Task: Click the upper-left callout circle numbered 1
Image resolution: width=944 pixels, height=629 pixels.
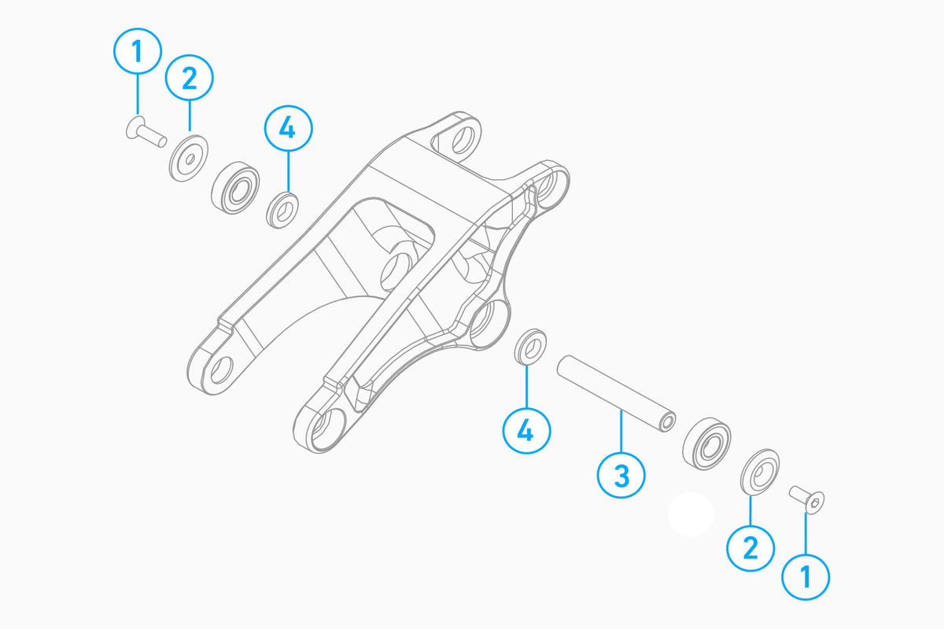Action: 138,51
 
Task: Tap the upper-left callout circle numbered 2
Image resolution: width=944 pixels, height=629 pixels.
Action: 190,78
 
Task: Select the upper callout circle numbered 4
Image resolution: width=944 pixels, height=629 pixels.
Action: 288,128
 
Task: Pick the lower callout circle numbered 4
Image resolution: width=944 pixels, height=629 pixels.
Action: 526,431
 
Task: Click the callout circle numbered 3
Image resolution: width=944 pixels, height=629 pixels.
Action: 621,475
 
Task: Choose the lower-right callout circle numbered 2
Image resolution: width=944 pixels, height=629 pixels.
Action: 750,548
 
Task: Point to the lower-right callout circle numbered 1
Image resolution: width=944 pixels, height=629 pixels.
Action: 806,576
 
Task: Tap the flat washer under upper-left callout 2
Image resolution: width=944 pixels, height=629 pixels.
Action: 188,158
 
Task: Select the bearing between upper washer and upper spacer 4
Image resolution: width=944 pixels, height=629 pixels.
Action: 235,187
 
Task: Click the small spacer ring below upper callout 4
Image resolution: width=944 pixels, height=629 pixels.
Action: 282,210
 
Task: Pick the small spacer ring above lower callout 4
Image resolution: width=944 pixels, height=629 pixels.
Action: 530,347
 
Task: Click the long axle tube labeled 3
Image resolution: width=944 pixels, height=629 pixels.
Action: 616,393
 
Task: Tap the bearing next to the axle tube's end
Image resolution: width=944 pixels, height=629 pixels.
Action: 706,443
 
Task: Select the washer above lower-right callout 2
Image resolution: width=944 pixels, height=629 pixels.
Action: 760,472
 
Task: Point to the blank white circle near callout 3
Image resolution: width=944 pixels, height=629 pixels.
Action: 691,514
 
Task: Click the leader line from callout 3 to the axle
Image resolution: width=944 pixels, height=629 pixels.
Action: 621,430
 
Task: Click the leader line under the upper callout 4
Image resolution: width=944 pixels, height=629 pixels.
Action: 289,172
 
